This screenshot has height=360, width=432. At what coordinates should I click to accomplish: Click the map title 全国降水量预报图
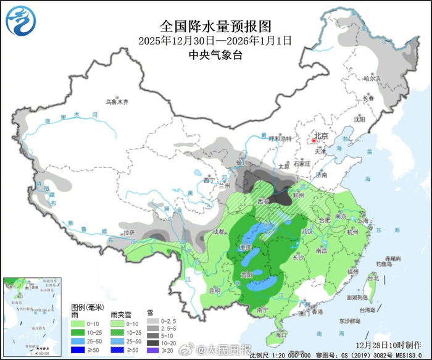[215, 27]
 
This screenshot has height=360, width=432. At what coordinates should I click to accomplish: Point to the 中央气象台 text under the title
[215, 54]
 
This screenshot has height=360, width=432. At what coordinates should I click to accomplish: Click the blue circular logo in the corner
[21, 20]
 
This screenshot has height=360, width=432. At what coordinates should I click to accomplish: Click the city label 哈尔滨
[372, 78]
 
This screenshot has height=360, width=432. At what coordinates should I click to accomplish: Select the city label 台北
[373, 278]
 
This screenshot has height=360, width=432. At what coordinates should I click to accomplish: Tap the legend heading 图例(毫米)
[87, 307]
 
